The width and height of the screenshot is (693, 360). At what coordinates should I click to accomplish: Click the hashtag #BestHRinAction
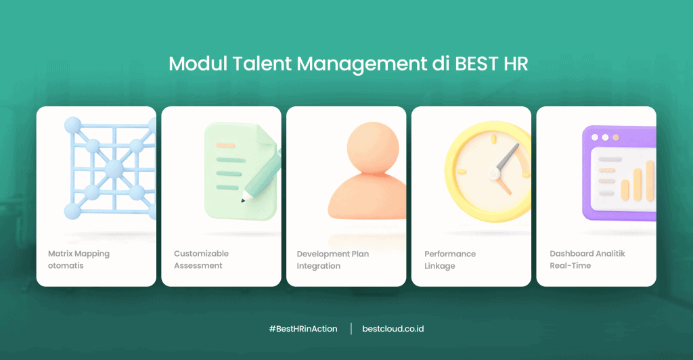tap(303, 329)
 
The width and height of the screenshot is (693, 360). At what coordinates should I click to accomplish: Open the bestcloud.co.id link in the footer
tap(394, 329)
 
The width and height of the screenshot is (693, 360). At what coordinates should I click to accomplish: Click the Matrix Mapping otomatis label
tap(79, 260)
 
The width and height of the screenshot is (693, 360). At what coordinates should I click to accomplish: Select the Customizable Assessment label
tap(201, 260)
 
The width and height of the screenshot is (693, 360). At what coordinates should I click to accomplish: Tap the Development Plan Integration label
tap(332, 260)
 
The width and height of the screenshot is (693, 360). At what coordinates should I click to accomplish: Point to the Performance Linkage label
tap(450, 260)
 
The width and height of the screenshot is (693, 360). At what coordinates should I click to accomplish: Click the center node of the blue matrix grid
tap(114, 168)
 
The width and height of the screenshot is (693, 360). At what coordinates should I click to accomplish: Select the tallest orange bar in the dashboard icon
tap(650, 181)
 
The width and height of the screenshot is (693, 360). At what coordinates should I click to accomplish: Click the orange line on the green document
tap(225, 145)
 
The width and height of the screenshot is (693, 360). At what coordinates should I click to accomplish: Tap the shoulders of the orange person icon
tap(366, 200)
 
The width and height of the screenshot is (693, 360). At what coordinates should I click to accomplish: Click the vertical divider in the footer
tap(351, 329)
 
